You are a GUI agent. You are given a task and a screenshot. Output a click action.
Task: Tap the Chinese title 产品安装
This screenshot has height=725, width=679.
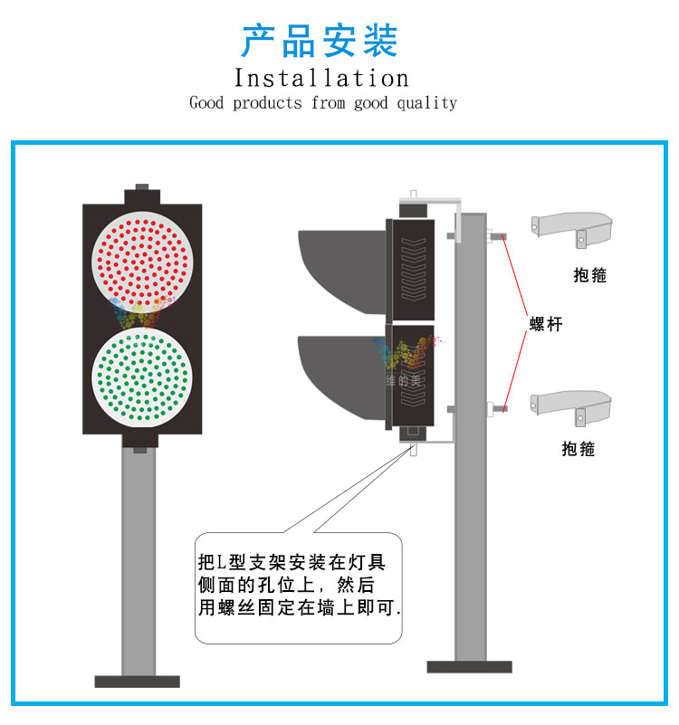[320, 41]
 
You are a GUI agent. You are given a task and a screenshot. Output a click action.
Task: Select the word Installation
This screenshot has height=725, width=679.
[321, 78]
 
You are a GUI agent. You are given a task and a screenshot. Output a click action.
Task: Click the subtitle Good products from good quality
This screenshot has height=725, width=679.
[323, 103]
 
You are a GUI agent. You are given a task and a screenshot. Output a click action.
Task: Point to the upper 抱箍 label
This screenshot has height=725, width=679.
[590, 274]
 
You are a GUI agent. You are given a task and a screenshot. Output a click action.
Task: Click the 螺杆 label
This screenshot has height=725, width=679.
[546, 323]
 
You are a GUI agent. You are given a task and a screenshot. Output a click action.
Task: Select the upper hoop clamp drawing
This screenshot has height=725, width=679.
[572, 224]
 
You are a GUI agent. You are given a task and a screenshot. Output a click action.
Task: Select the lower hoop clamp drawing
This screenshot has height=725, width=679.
[572, 403]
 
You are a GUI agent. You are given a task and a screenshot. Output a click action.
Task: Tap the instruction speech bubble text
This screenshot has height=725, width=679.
[298, 585]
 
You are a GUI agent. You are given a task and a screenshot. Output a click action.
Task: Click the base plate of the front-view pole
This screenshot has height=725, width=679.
[138, 682]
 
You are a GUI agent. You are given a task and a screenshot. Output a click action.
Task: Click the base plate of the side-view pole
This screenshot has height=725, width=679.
[470, 667]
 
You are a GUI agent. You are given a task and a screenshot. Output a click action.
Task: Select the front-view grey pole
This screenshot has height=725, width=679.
[139, 561]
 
